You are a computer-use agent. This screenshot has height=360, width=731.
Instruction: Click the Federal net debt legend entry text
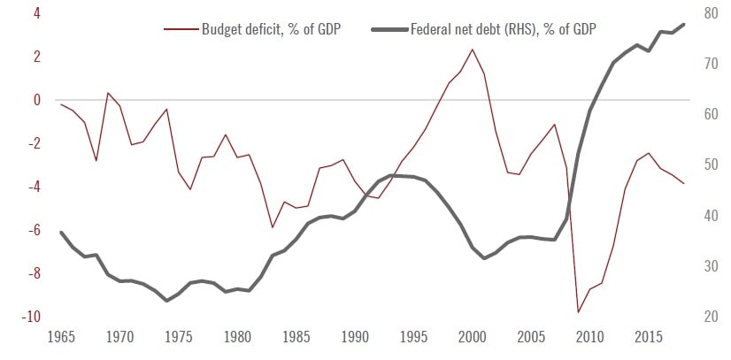coord(503,29)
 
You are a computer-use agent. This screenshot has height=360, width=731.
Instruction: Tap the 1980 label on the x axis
coord(237,337)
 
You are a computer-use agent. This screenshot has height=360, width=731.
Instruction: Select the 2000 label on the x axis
coord(473,337)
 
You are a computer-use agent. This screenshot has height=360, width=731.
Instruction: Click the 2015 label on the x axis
coord(649,337)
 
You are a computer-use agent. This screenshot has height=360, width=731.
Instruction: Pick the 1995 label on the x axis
coord(414,337)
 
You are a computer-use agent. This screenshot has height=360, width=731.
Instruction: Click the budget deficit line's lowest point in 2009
coord(578,312)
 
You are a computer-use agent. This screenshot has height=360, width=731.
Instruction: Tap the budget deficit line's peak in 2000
coord(472,50)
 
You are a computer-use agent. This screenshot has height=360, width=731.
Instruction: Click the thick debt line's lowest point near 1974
coord(166,301)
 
